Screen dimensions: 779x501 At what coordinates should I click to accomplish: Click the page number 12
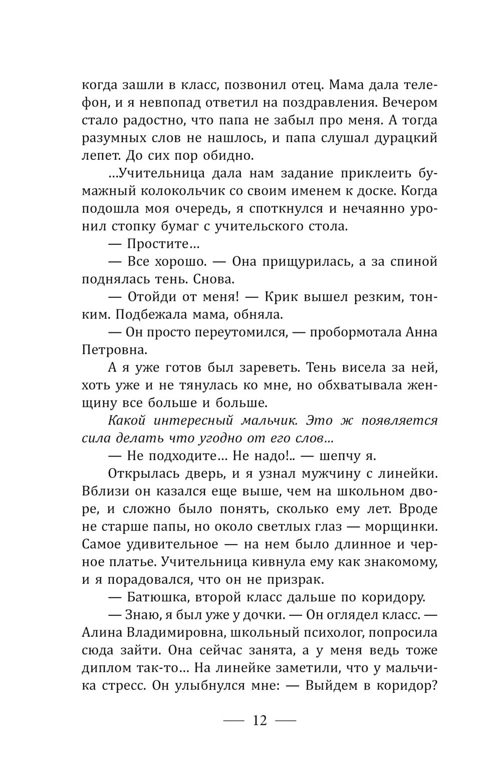260,720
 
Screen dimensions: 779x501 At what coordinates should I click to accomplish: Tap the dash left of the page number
232,721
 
